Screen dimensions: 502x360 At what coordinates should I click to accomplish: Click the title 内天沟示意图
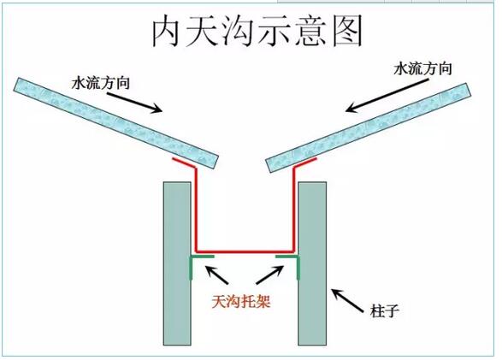click(257, 31)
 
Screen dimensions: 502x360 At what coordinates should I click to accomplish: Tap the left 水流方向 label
click(101, 83)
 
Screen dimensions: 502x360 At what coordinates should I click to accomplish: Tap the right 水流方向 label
click(423, 68)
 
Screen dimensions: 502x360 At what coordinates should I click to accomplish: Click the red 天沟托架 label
click(241, 301)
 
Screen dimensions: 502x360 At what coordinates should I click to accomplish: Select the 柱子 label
click(385, 310)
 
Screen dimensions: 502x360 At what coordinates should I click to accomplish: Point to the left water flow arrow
click(135, 103)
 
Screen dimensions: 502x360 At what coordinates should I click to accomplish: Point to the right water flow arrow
click(387, 96)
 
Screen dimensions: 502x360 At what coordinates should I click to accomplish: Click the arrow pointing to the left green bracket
click(217, 274)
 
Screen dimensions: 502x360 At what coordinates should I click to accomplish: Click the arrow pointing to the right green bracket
click(270, 274)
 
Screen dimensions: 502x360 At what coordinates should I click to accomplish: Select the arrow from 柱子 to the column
click(348, 300)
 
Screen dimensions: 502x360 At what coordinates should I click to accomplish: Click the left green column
click(177, 263)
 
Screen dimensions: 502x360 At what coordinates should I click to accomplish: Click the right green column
click(312, 263)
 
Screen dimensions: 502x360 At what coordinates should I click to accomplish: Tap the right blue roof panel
click(369, 127)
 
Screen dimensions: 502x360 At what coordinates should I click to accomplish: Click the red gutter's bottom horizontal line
click(245, 251)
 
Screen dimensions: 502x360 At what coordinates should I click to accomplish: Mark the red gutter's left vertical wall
click(196, 210)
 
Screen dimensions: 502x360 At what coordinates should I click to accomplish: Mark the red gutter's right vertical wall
click(293, 210)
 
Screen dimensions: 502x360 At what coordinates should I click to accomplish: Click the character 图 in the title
click(347, 31)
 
